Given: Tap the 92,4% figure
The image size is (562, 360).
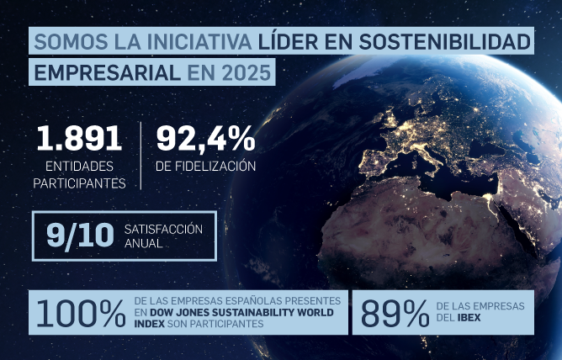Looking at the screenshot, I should [x=205, y=139].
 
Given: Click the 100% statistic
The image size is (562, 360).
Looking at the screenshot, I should [x=80, y=313].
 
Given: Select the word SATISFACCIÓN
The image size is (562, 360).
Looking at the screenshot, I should [x=163, y=229].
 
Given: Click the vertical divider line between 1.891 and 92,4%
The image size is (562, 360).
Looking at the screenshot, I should [x=141, y=151].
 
